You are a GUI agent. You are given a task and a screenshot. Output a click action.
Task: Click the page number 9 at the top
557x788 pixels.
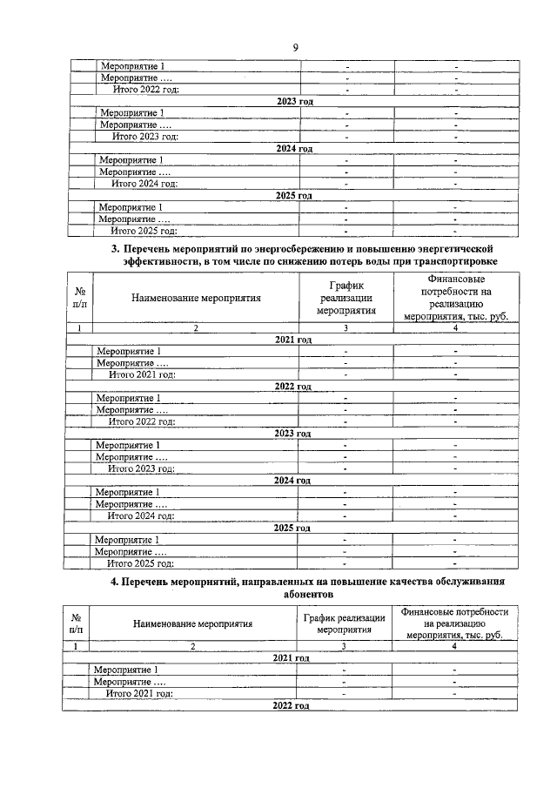295,48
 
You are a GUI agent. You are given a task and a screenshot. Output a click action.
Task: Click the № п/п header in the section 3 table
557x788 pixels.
79,297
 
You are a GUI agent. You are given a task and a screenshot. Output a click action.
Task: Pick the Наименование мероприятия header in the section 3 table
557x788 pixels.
196,298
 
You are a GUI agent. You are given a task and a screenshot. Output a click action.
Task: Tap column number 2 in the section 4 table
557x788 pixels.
192,646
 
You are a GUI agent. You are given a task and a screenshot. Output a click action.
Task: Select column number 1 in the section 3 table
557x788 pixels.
79,328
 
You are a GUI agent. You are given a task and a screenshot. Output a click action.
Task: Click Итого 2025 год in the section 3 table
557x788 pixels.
141,563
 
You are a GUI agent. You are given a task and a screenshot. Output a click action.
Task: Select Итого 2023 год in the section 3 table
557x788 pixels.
142,468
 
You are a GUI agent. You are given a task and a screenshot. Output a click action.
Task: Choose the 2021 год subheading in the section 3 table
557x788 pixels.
293,339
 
